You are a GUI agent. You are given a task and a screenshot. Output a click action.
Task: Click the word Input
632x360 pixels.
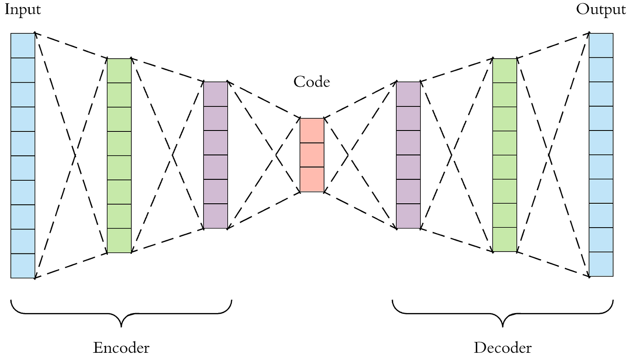click(23, 10)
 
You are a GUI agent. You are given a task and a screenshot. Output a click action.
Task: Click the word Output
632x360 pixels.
click(601, 10)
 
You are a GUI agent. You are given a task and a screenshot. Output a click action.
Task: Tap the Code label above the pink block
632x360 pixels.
click(311, 82)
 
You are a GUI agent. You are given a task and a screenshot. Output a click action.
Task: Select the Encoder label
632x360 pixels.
click(121, 347)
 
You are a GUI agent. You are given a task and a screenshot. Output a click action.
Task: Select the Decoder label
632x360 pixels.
click(502, 347)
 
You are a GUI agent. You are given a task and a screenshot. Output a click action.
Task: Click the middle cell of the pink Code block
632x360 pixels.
click(312, 155)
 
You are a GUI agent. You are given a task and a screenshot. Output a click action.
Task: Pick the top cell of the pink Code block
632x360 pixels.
click(312, 131)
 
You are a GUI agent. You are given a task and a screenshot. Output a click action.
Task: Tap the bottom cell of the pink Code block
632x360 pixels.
click(312, 179)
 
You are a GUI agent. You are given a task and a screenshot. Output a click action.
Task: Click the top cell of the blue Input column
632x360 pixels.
click(23, 46)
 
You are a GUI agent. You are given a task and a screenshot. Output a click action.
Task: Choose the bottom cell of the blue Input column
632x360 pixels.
click(23, 266)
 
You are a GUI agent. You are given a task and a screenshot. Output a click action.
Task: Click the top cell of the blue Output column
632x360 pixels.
click(601, 45)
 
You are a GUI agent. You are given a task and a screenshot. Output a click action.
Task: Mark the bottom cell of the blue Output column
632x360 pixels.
click(601, 264)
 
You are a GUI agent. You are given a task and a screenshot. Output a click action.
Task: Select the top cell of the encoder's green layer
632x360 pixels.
click(119, 70)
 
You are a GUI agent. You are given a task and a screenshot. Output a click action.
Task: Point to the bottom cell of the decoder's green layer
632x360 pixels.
click(504, 239)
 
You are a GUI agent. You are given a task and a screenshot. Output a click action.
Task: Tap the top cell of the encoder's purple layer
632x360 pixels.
click(215, 94)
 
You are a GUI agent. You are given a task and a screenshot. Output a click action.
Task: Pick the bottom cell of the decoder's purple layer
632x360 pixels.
click(408, 216)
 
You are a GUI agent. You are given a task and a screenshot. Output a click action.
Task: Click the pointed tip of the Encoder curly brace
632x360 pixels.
click(121, 326)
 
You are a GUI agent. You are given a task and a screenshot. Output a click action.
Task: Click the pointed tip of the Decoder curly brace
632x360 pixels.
click(502, 326)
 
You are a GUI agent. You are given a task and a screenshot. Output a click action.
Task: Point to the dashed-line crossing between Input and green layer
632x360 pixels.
click(74, 155)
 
